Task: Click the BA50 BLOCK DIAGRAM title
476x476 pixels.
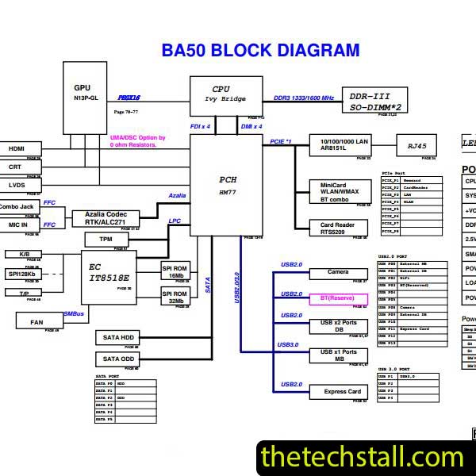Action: (260, 51)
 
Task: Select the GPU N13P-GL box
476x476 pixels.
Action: (85, 92)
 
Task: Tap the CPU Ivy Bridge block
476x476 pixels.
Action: (226, 95)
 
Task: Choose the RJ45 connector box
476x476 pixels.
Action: (416, 146)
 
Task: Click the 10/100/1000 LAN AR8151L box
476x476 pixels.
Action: (339, 145)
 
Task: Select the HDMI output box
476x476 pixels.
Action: (16, 148)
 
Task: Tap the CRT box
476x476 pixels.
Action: (16, 167)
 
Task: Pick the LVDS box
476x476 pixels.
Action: (16, 185)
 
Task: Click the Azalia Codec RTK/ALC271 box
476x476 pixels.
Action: (106, 218)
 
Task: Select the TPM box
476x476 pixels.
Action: (106, 239)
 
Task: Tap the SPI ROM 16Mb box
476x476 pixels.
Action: (176, 271)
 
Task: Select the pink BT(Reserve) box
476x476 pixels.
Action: (338, 299)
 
